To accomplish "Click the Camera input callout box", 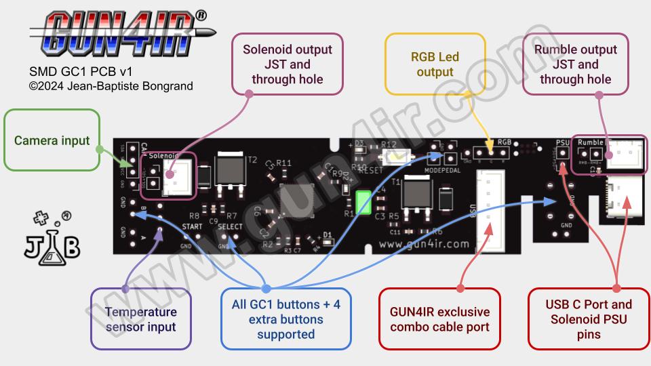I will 52,140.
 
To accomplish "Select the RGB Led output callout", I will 435,64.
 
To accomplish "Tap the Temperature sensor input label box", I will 141,319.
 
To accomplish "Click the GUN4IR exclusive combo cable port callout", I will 439,319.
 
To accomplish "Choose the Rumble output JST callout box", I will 576,64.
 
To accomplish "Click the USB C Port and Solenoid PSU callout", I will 589,319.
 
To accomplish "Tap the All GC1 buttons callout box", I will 286,319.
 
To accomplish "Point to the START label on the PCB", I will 192,226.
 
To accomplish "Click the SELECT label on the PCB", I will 231,226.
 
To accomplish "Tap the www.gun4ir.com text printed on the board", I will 424,244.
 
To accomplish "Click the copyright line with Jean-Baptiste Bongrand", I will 111,86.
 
